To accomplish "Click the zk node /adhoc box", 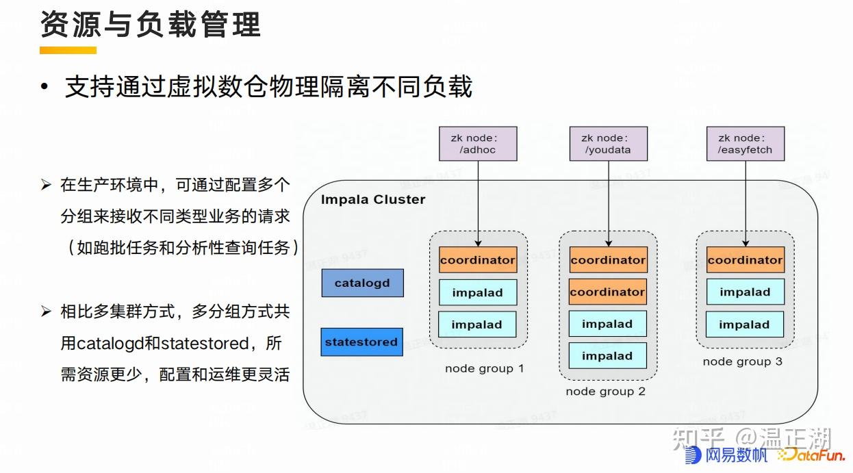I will point(478,144).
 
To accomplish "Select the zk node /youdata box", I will point(608,144).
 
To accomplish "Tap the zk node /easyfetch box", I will point(745,144).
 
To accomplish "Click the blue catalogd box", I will point(362,283).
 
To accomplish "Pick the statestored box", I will point(361,342).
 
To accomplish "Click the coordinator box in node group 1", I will point(477,260).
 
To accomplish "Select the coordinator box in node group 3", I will point(745,260).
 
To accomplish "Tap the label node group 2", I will point(605,392).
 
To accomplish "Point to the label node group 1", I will point(484,368).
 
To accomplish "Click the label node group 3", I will point(742,361).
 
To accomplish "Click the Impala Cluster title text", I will point(373,199).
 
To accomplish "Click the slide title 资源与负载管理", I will point(151,25).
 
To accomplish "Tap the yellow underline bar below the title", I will point(68,50).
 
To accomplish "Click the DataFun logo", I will point(812,455).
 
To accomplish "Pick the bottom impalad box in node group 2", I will point(607,356).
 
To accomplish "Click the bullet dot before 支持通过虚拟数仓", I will point(44,88).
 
